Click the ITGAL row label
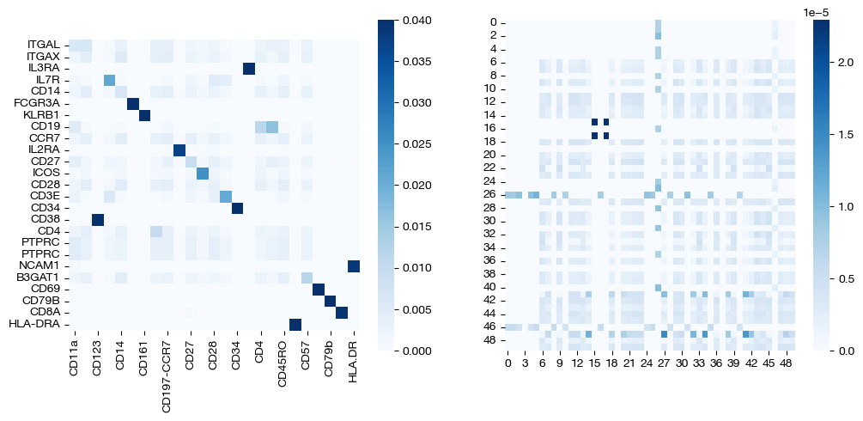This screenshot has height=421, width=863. pos(43,44)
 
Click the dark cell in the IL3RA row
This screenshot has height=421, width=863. pos(249,69)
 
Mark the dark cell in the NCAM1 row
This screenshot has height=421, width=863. pos(353,266)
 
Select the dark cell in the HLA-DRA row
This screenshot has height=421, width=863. pos(295,324)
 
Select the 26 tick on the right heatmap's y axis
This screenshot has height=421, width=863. pos(490,194)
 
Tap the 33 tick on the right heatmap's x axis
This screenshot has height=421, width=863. pos(700,363)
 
